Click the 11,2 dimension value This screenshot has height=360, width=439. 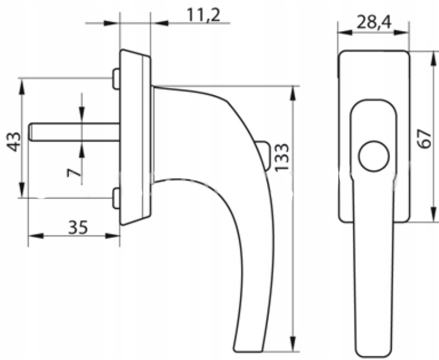[x=203, y=15]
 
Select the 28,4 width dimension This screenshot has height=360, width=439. [x=374, y=22]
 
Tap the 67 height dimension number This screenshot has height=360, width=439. [x=424, y=138]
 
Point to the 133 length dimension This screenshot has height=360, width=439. [x=282, y=157]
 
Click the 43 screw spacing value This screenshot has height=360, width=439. [x=14, y=142]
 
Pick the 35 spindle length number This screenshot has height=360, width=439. [x=78, y=227]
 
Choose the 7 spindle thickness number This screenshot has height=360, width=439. [x=74, y=173]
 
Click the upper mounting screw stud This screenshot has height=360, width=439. [x=116, y=79]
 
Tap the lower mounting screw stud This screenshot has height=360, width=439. [x=116, y=198]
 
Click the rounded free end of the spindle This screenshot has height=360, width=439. [x=30, y=132]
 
